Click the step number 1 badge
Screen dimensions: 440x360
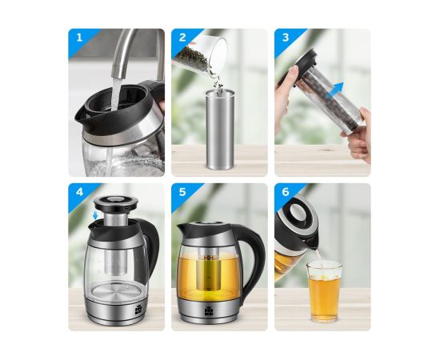point(80,38)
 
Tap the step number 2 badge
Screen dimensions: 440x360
point(182,38)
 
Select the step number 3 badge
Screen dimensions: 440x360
point(286,38)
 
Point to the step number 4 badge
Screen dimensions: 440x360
point(80,192)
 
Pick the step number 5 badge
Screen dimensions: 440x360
point(182,192)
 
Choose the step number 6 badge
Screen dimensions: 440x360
point(286,192)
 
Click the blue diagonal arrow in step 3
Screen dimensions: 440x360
point(336,90)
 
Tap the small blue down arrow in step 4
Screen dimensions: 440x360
point(95,215)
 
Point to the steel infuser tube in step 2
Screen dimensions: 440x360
point(220,130)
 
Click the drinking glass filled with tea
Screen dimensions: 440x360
point(324,292)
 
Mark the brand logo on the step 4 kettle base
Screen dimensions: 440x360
point(138,311)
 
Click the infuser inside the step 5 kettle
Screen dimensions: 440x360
point(207,272)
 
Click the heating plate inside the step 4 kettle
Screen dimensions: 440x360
point(116,292)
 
